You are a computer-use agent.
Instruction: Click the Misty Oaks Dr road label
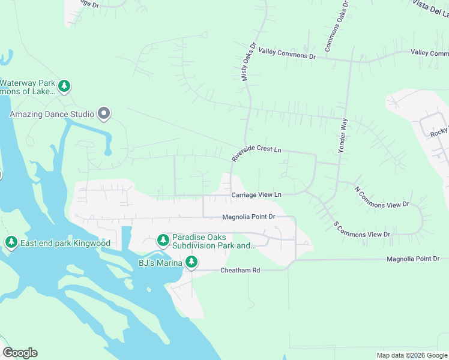249,61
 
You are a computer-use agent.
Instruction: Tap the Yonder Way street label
343,136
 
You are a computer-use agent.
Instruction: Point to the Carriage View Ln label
256,195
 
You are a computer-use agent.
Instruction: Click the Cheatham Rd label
240,271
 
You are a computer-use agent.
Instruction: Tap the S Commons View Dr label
362,229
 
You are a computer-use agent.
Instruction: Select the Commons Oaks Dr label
336,25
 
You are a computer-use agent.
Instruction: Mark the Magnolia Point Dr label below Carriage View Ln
249,217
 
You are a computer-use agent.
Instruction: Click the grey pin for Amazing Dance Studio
104,113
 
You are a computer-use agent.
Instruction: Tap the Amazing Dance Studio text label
52,114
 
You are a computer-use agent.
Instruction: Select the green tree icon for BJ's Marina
191,262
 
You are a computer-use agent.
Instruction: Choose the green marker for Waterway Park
64,86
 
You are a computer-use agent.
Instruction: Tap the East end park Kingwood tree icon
11,242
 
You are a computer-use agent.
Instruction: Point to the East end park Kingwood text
65,243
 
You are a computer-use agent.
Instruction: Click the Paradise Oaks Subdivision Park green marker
163,240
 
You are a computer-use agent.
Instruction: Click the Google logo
20,353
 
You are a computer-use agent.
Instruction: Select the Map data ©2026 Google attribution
411,355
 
